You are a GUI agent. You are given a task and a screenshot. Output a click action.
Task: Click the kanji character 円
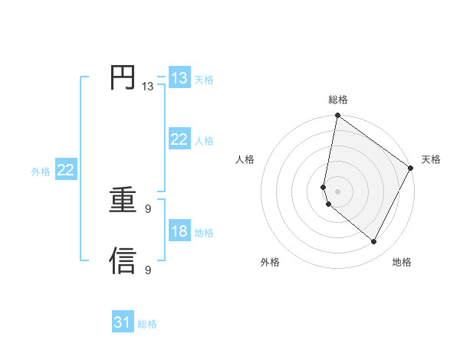point(123,78)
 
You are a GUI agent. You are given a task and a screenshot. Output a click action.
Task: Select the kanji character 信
point(123,260)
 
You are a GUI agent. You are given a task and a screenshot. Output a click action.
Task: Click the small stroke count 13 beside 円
point(147,87)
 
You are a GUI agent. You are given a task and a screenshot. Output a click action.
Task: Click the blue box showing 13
point(179,78)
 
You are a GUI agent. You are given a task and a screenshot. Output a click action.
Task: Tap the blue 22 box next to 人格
point(179,139)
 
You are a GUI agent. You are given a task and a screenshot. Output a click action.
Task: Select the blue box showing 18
point(179,231)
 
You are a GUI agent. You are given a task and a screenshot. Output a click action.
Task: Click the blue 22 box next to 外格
point(65,170)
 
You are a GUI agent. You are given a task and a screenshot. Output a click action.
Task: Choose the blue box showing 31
point(122,322)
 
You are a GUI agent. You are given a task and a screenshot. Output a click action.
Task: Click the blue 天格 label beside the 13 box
point(204,79)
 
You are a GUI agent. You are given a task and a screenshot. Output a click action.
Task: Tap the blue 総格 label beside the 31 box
point(147,324)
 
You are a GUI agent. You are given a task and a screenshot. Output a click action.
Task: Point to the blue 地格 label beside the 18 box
point(204,232)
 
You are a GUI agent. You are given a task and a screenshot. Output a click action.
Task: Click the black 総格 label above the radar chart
point(338,100)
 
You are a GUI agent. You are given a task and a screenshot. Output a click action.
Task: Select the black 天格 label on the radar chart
point(431,159)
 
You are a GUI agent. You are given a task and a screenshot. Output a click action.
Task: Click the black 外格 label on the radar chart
point(270,263)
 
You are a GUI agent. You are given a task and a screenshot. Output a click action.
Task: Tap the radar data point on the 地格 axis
point(374,241)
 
